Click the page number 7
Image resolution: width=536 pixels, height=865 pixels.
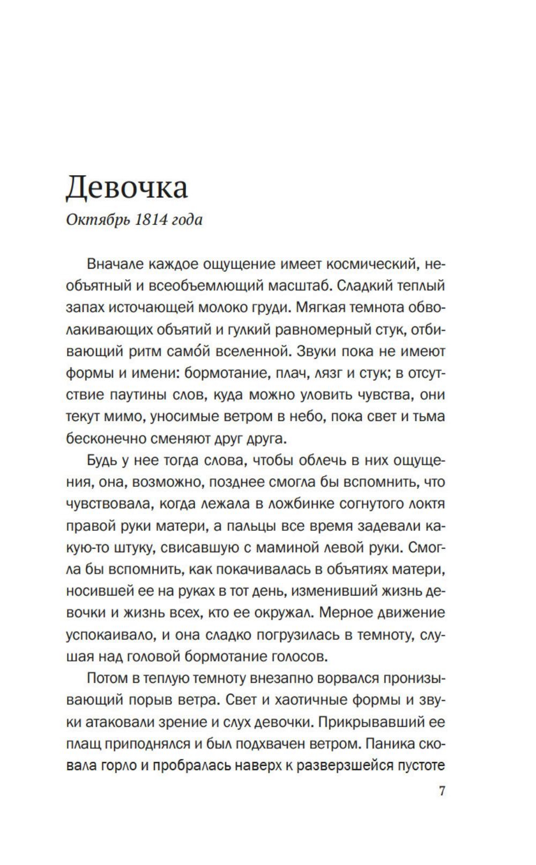click(x=442, y=791)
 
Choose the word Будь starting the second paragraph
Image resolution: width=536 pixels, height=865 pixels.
click(x=102, y=461)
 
